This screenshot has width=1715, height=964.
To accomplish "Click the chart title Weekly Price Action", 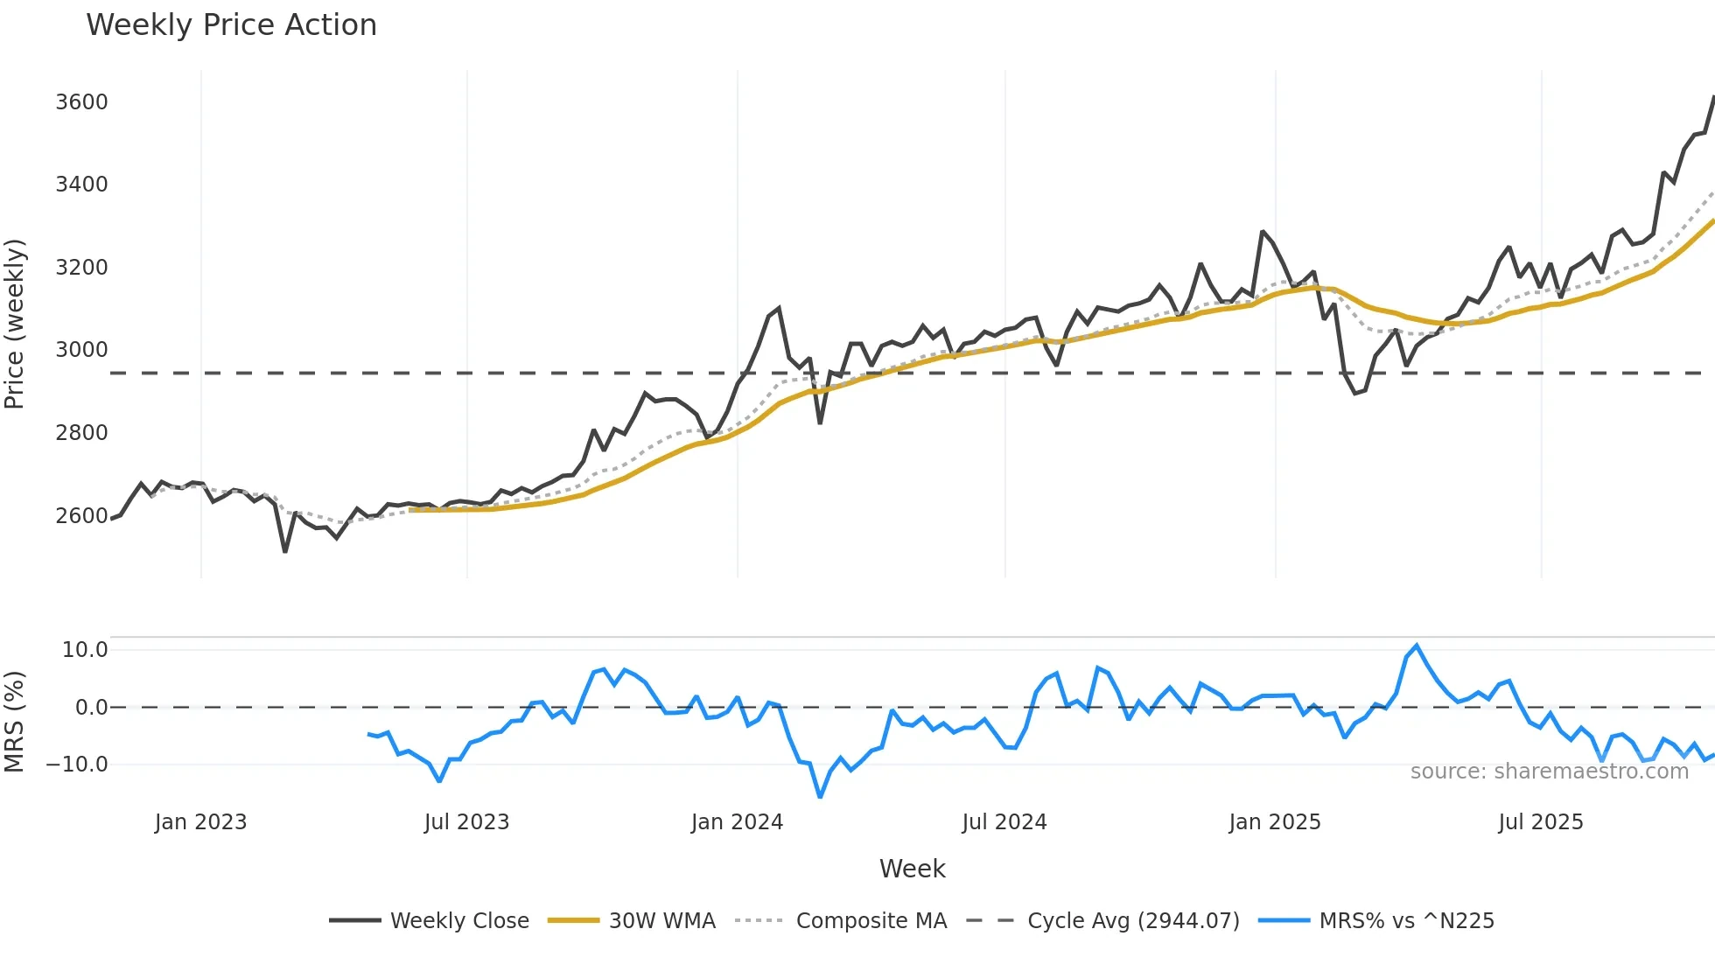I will (231, 25).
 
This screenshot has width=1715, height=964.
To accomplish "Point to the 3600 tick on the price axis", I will (81, 102).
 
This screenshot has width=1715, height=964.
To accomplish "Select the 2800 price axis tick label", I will (81, 433).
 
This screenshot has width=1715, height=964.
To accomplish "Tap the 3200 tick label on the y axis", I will (81, 268).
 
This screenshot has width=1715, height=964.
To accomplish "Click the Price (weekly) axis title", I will (15, 324).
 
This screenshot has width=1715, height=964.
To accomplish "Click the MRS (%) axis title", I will (15, 722).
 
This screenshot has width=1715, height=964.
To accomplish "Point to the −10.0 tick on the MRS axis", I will (77, 765).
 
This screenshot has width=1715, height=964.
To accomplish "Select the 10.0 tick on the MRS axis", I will (85, 650).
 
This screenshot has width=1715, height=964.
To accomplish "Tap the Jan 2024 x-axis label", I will (737, 822).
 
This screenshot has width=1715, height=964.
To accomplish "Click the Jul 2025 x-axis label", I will (1541, 822).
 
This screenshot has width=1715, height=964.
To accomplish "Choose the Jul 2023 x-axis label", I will (466, 822).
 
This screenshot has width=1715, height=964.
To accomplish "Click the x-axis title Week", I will (912, 869).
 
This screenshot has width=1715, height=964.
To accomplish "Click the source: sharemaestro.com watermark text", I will (1549, 772).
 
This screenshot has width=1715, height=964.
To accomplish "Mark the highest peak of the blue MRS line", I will (1417, 646).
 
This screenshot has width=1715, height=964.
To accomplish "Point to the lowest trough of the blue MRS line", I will (820, 797).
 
